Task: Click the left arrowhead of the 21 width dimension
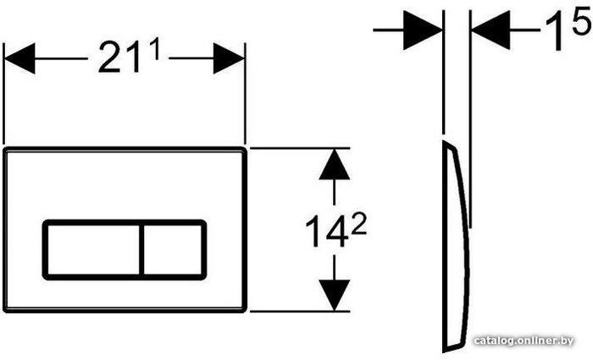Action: click(x=19, y=58)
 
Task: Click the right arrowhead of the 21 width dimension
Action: click(x=230, y=58)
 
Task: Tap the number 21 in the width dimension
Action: click(x=119, y=57)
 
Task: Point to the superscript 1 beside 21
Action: click(x=153, y=49)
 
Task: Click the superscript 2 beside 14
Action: click(x=357, y=226)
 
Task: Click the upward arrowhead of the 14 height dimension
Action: click(x=335, y=164)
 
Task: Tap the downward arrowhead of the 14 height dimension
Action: click(x=335, y=296)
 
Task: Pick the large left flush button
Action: click(x=93, y=250)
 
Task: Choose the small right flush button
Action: click(x=173, y=250)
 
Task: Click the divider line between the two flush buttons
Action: click(x=141, y=250)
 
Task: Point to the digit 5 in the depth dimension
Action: click(x=582, y=21)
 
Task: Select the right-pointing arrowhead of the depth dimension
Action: click(x=423, y=30)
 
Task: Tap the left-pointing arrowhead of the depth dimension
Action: click(x=490, y=30)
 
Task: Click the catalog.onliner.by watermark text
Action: click(x=524, y=341)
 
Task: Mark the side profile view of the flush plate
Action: click(x=456, y=246)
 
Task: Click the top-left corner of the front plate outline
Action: click(x=4, y=148)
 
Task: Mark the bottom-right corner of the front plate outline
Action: click(x=246, y=311)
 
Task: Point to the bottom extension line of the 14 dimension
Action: click(x=300, y=312)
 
